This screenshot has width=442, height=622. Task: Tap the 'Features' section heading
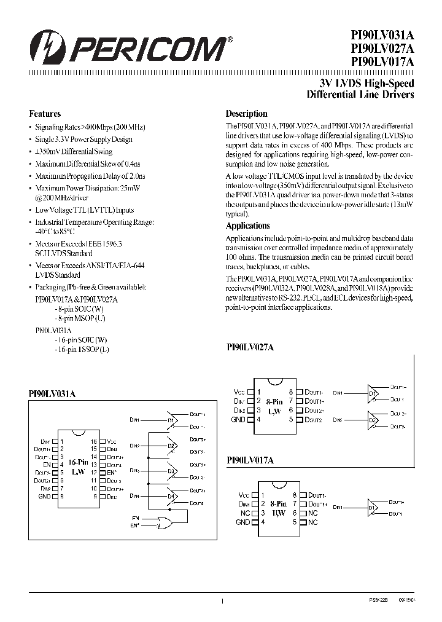pyautogui.click(x=45, y=114)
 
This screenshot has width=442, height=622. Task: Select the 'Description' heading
pyautogui.click(x=246, y=114)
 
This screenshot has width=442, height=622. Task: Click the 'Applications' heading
pyautogui.click(x=247, y=226)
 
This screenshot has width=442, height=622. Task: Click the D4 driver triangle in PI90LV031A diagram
pyautogui.click(x=172, y=497)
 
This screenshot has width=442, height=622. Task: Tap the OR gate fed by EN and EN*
pyautogui.click(x=165, y=522)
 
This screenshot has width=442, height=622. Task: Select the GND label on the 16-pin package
pyautogui.click(x=44, y=495)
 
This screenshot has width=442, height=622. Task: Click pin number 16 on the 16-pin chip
pyautogui.click(x=93, y=441)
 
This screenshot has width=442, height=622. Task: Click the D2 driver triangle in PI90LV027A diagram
pyautogui.click(x=373, y=420)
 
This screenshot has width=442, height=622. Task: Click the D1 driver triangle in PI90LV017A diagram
pyautogui.click(x=373, y=508)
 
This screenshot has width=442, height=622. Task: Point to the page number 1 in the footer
pyautogui.click(x=222, y=602)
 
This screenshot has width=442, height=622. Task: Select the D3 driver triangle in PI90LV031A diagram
pyautogui.click(x=172, y=471)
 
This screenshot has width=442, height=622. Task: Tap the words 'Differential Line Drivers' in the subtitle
pyautogui.click(x=360, y=95)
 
